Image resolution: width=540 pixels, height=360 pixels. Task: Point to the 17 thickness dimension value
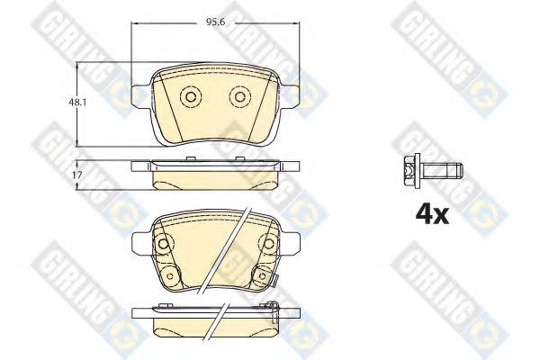(x=77, y=175)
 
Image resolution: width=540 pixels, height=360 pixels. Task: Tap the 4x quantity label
(x=432, y=214)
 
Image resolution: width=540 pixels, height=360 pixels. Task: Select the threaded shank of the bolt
(x=442, y=170)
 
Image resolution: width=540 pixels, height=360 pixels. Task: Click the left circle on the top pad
(x=190, y=97)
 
